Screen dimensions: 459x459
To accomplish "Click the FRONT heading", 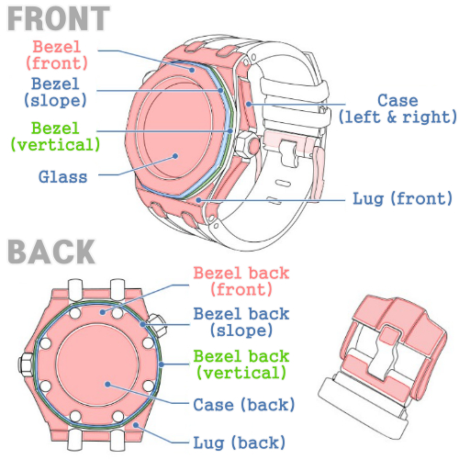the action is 59,18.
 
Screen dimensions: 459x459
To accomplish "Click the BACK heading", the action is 51,252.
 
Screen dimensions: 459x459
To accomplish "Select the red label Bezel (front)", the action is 57,55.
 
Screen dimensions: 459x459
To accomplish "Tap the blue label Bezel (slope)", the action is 55,92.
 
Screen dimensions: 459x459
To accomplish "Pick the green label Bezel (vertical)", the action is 55,137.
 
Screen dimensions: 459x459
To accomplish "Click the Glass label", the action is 63,177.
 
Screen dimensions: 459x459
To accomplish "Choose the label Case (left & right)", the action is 397,108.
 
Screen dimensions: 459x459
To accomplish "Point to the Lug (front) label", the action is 402,199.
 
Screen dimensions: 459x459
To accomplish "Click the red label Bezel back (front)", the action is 241,281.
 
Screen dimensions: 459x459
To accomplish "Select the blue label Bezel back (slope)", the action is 241,322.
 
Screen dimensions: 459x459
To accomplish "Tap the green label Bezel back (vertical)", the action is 241,364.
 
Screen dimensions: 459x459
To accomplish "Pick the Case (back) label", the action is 244,405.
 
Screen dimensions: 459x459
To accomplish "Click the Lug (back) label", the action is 240,442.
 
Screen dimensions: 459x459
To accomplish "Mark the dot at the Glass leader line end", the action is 175,156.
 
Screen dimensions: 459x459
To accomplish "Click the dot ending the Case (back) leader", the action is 107,385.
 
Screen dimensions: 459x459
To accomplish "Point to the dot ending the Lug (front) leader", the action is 198,200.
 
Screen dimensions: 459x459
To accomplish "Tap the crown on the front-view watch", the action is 249,145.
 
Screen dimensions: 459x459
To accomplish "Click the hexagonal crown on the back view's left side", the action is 26,364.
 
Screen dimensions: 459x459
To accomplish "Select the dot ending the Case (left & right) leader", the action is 249,104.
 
